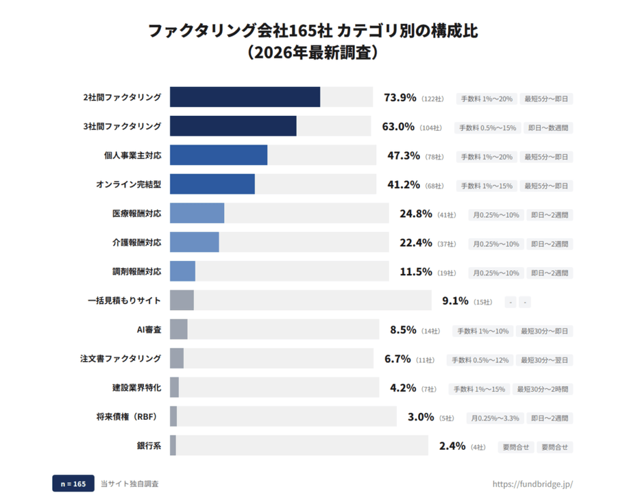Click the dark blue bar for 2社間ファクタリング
tap(244, 97)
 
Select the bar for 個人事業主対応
tap(218, 155)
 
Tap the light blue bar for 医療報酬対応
tap(197, 214)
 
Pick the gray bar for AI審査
tap(179, 330)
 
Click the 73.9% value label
tap(400, 98)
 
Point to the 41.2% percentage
tap(403, 185)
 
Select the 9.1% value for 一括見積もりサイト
tap(455, 301)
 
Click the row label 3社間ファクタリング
tap(122, 127)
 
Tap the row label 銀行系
tap(149, 446)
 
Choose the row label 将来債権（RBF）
tap(127, 416)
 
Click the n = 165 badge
tap(73, 484)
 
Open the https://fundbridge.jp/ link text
tap(533, 484)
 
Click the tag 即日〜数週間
tap(548, 128)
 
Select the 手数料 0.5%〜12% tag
tap(478, 360)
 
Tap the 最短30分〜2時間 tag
tap(543, 389)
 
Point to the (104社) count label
tap(431, 128)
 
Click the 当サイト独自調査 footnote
tap(130, 484)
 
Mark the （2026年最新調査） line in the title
tap(318, 53)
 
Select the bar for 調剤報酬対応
tap(183, 272)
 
